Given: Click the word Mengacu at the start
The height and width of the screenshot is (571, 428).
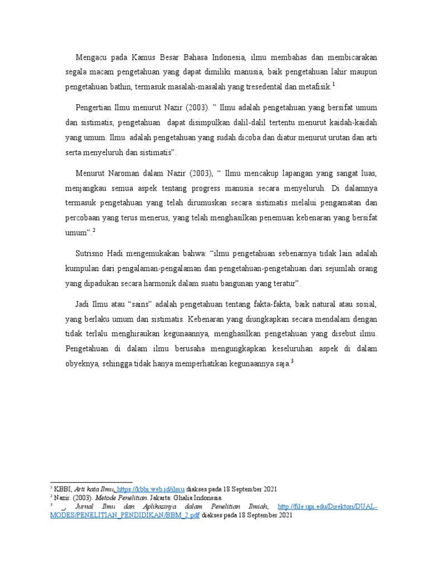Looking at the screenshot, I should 91,57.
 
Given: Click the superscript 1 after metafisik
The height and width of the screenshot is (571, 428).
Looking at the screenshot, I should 333,84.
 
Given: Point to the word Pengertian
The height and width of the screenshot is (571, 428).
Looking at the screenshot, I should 95,106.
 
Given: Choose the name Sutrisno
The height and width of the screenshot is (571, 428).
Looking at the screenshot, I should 92,253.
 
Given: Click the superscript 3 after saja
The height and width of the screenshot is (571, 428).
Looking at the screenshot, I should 292,361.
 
